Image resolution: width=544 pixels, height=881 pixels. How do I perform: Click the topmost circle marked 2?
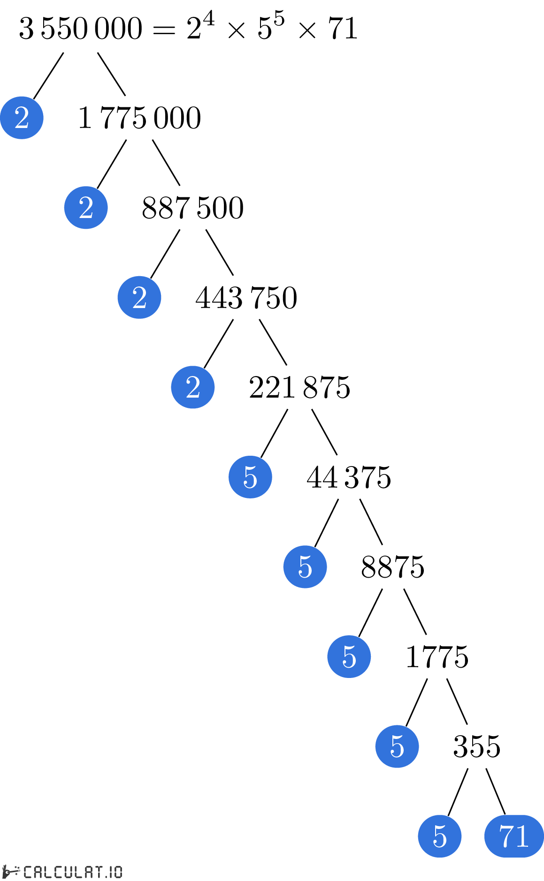click(22, 118)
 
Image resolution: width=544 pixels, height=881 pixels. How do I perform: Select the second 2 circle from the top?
click(86, 208)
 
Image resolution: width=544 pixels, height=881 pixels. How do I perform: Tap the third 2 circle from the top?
click(139, 297)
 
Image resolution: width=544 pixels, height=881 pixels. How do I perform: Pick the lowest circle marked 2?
click(193, 387)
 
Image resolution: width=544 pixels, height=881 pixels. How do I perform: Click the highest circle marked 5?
click(250, 477)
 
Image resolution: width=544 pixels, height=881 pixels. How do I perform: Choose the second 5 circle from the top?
click(305, 567)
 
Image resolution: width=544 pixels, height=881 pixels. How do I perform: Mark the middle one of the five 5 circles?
click(349, 656)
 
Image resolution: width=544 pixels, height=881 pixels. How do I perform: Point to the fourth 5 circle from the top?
click(397, 746)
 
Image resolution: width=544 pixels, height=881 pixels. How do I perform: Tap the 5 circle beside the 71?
click(440, 836)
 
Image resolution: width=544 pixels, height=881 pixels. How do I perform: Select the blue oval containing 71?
click(514, 836)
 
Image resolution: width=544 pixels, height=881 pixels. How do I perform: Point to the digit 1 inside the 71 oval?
click(522, 836)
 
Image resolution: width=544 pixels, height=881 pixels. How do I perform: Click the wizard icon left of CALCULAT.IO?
click(10, 872)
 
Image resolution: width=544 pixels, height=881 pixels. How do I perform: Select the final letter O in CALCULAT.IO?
click(118, 872)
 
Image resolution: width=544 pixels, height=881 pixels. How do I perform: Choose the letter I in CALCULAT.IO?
click(111, 872)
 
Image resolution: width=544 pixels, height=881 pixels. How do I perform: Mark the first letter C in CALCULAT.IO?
click(28, 872)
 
